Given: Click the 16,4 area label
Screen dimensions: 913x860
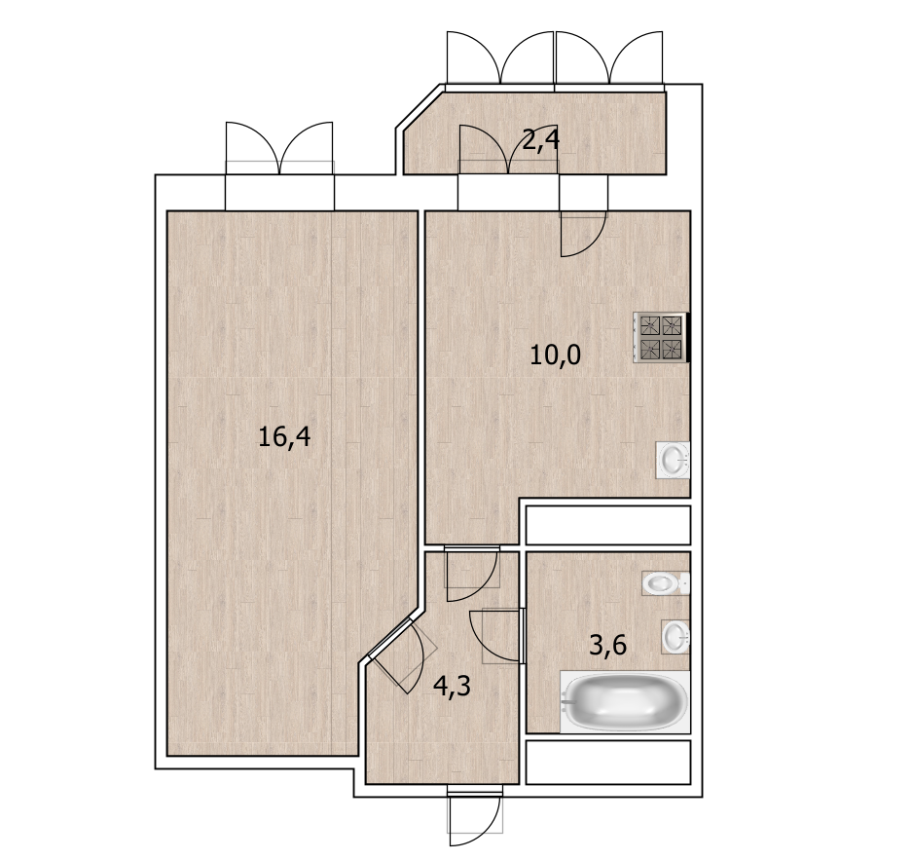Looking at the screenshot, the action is point(284,437).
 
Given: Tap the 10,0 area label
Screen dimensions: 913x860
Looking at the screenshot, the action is point(555,355).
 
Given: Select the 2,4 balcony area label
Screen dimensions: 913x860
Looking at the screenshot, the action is point(540,140).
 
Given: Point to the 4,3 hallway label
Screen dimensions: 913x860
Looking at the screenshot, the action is point(452,687).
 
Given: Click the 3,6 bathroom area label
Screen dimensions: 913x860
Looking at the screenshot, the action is point(608,646).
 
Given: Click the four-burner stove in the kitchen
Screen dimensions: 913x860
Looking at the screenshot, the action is point(661,337).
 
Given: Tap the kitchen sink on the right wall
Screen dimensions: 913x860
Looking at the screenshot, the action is point(674,461).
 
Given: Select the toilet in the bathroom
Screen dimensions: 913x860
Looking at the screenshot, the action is point(666,582).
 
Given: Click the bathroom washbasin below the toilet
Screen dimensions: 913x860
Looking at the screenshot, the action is point(676,636).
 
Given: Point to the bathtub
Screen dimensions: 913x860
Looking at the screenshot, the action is point(625,701).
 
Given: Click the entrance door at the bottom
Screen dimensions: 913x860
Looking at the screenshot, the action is point(475,816).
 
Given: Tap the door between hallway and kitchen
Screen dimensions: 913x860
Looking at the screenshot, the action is point(472,574).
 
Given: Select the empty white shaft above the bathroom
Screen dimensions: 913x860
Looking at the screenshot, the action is point(608,525).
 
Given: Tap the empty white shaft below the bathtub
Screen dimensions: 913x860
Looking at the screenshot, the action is point(608,762).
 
